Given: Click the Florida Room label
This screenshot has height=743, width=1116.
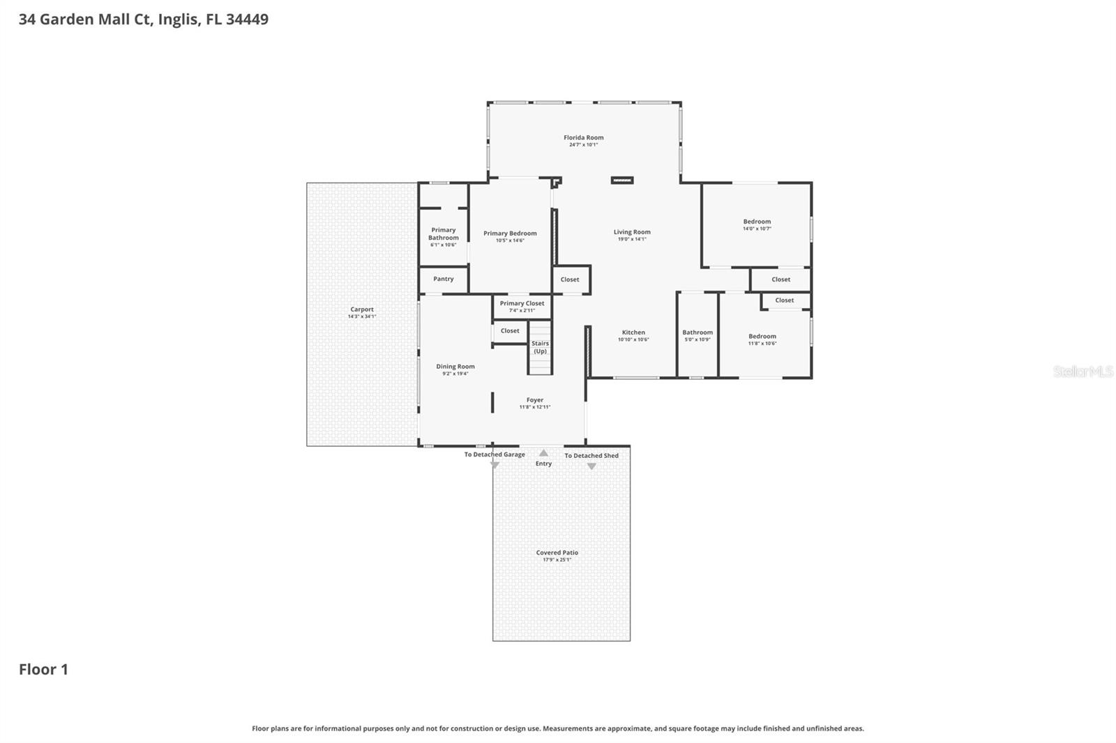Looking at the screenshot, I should pos(584,138).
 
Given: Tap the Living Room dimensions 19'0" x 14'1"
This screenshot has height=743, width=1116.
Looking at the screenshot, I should pos(632,239).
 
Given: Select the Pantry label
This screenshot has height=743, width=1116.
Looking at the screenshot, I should pos(444,279).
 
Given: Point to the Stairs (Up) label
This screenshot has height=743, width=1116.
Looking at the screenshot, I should pos(540,347).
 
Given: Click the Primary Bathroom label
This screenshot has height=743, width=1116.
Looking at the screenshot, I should pos(444,234).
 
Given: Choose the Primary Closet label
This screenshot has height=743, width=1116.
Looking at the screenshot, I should pos(522,303).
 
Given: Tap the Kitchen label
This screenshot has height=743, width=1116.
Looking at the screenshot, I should pos(633,332).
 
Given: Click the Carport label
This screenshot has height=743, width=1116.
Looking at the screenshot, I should pos(362,309).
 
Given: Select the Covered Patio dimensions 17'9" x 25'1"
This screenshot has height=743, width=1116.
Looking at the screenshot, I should pos(557,560).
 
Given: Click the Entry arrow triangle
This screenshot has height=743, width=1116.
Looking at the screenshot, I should pos(543,453).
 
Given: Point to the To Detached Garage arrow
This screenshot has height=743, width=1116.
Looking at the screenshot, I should pos(495,465).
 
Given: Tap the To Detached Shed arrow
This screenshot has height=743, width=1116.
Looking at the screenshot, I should pos(591,466).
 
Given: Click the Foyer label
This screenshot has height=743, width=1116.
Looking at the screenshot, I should pos(535,400).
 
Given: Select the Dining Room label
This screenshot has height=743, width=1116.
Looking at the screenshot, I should pos(455,367).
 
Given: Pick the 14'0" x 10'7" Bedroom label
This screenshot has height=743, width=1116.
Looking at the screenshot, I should pos(757,222).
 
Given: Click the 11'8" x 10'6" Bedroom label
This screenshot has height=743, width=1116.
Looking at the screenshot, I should pos(762,336).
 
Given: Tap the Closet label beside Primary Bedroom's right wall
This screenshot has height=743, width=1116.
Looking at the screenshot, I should pos(570,279).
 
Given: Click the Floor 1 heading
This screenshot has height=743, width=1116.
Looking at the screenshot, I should pos(43,669).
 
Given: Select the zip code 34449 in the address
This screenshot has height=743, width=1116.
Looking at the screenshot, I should pos(247,20).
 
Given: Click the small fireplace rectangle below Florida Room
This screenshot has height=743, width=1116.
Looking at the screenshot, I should pos(622,181).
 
